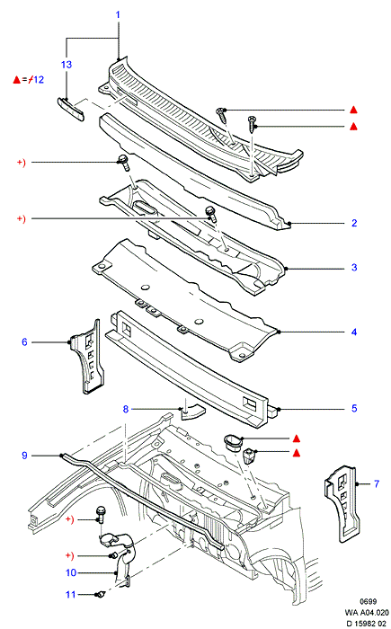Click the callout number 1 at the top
[118, 15]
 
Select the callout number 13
[67, 65]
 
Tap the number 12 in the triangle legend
[39, 79]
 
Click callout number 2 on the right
[354, 223]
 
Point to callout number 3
[354, 268]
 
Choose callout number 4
[354, 332]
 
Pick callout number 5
[354, 408]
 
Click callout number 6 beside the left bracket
[24, 342]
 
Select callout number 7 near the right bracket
[377, 483]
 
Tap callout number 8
[126, 409]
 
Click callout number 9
[24, 456]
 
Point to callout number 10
[71, 573]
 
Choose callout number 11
[71, 595]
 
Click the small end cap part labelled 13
[71, 109]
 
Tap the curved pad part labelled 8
[192, 412]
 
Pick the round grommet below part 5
[232, 443]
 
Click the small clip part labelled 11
[101, 594]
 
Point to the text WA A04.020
[367, 613]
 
